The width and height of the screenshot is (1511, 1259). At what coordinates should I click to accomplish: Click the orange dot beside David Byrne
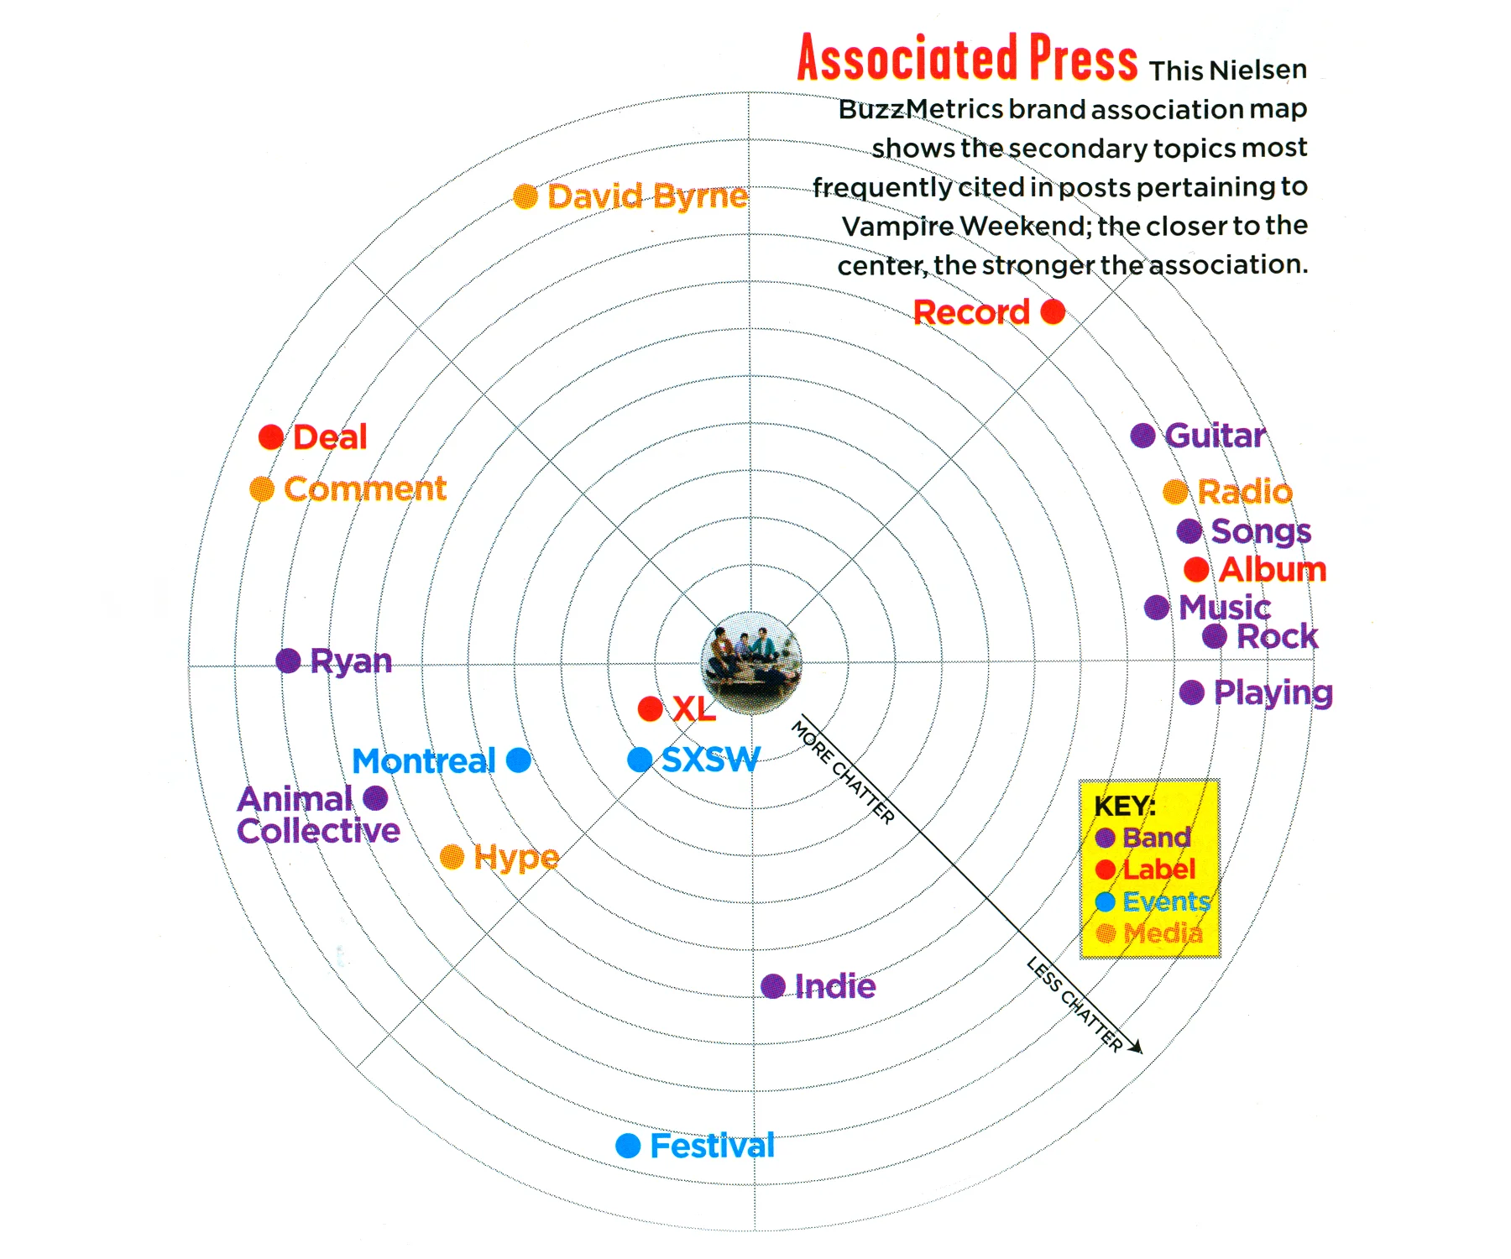(525, 196)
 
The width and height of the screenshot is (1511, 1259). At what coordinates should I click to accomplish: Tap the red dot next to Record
(1053, 312)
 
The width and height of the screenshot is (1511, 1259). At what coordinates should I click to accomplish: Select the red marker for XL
(650, 708)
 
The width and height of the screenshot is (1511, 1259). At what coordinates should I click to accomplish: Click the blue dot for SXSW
(640, 760)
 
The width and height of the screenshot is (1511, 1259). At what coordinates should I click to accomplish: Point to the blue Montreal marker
(519, 760)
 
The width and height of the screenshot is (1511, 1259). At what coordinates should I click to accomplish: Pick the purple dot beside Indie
(773, 986)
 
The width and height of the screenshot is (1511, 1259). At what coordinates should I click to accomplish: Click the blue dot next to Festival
(628, 1146)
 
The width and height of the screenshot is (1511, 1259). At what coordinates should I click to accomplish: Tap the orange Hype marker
(452, 857)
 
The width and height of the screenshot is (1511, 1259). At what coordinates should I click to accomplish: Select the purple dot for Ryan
(288, 661)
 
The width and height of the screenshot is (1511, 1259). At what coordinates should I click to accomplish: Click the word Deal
(330, 437)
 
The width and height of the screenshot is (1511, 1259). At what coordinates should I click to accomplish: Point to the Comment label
(365, 488)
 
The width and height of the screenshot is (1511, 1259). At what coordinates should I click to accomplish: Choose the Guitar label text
(1215, 436)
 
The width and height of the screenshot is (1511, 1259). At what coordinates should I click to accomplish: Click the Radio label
(1245, 492)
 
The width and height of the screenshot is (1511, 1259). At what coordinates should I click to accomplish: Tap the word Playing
(1273, 693)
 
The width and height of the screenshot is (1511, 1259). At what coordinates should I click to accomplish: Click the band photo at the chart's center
(751, 662)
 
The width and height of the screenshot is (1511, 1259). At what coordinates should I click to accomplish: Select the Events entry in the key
(1166, 901)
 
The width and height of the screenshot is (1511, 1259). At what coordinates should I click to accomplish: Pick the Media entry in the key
(1163, 932)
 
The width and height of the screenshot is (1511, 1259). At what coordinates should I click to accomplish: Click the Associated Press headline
(967, 59)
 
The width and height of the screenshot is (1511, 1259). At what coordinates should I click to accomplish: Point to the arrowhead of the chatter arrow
(1137, 1048)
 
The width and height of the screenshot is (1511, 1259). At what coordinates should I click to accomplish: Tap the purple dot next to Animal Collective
(375, 797)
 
